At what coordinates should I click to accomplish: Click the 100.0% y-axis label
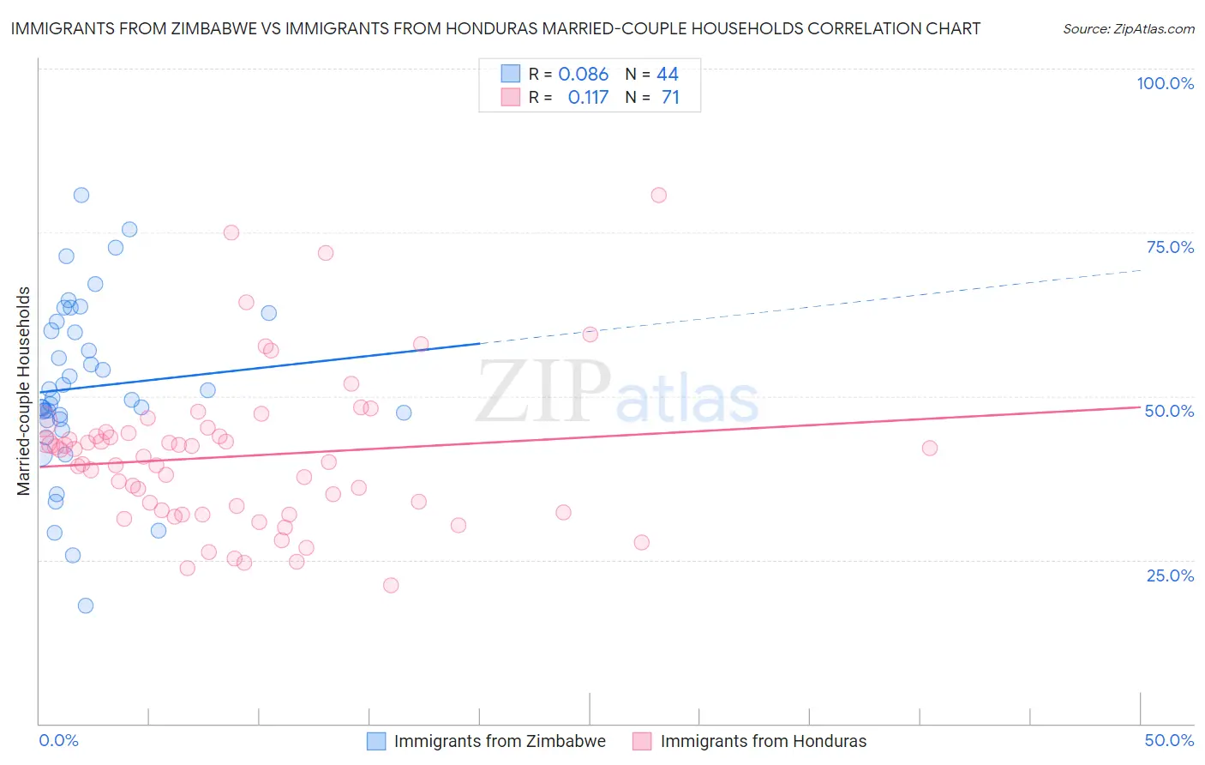tap(1165, 83)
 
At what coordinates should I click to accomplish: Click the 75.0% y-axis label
tap(1170, 247)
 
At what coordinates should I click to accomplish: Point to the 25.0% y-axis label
tap(1170, 575)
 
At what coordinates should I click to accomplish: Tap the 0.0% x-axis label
tap(58, 740)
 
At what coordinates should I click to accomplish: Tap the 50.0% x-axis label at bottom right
tap(1169, 740)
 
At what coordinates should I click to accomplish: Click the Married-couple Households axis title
tap(24, 390)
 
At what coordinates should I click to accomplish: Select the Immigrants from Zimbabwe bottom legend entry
tap(499, 741)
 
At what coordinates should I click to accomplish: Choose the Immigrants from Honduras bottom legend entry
tap(763, 741)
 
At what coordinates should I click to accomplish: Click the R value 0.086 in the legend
tap(583, 74)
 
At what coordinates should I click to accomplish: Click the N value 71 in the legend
tap(670, 97)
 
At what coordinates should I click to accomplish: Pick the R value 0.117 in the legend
tap(588, 97)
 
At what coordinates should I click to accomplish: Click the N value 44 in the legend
tap(668, 74)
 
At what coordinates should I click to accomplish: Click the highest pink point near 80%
tap(658, 195)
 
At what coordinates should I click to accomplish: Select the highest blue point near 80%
tap(81, 195)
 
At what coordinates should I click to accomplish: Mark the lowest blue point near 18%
tap(86, 605)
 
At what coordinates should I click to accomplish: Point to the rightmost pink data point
tap(930, 448)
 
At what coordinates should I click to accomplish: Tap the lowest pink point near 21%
tap(391, 585)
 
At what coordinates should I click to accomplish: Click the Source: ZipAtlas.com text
tap(1128, 28)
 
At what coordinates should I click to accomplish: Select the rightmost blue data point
tap(404, 413)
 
